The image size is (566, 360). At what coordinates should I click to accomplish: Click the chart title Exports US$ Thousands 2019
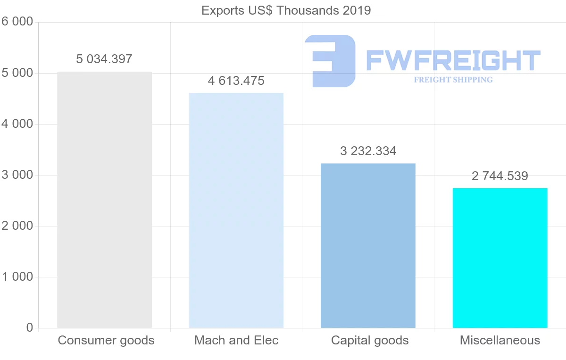pos(286,10)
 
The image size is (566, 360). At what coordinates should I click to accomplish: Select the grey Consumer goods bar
pos(104,200)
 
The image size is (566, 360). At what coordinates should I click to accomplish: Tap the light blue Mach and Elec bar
pos(236,210)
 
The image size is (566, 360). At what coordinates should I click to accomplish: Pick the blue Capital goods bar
pos(368,245)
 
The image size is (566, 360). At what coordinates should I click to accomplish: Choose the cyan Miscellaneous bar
pos(500,258)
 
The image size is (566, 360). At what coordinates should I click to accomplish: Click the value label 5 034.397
pos(104,59)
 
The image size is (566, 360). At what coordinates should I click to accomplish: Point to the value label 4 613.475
pos(236,81)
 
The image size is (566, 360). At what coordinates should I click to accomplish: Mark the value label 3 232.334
pos(368,151)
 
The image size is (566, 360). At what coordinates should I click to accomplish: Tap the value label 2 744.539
pos(500,176)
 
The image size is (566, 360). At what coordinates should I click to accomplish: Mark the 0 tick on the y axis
pos(29,328)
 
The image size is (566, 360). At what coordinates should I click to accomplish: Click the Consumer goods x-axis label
pos(106,340)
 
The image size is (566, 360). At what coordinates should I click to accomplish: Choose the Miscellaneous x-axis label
pos(500,340)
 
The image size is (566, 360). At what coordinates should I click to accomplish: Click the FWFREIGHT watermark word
pos(453,60)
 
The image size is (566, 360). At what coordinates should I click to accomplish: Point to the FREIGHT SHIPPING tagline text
pos(453,80)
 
